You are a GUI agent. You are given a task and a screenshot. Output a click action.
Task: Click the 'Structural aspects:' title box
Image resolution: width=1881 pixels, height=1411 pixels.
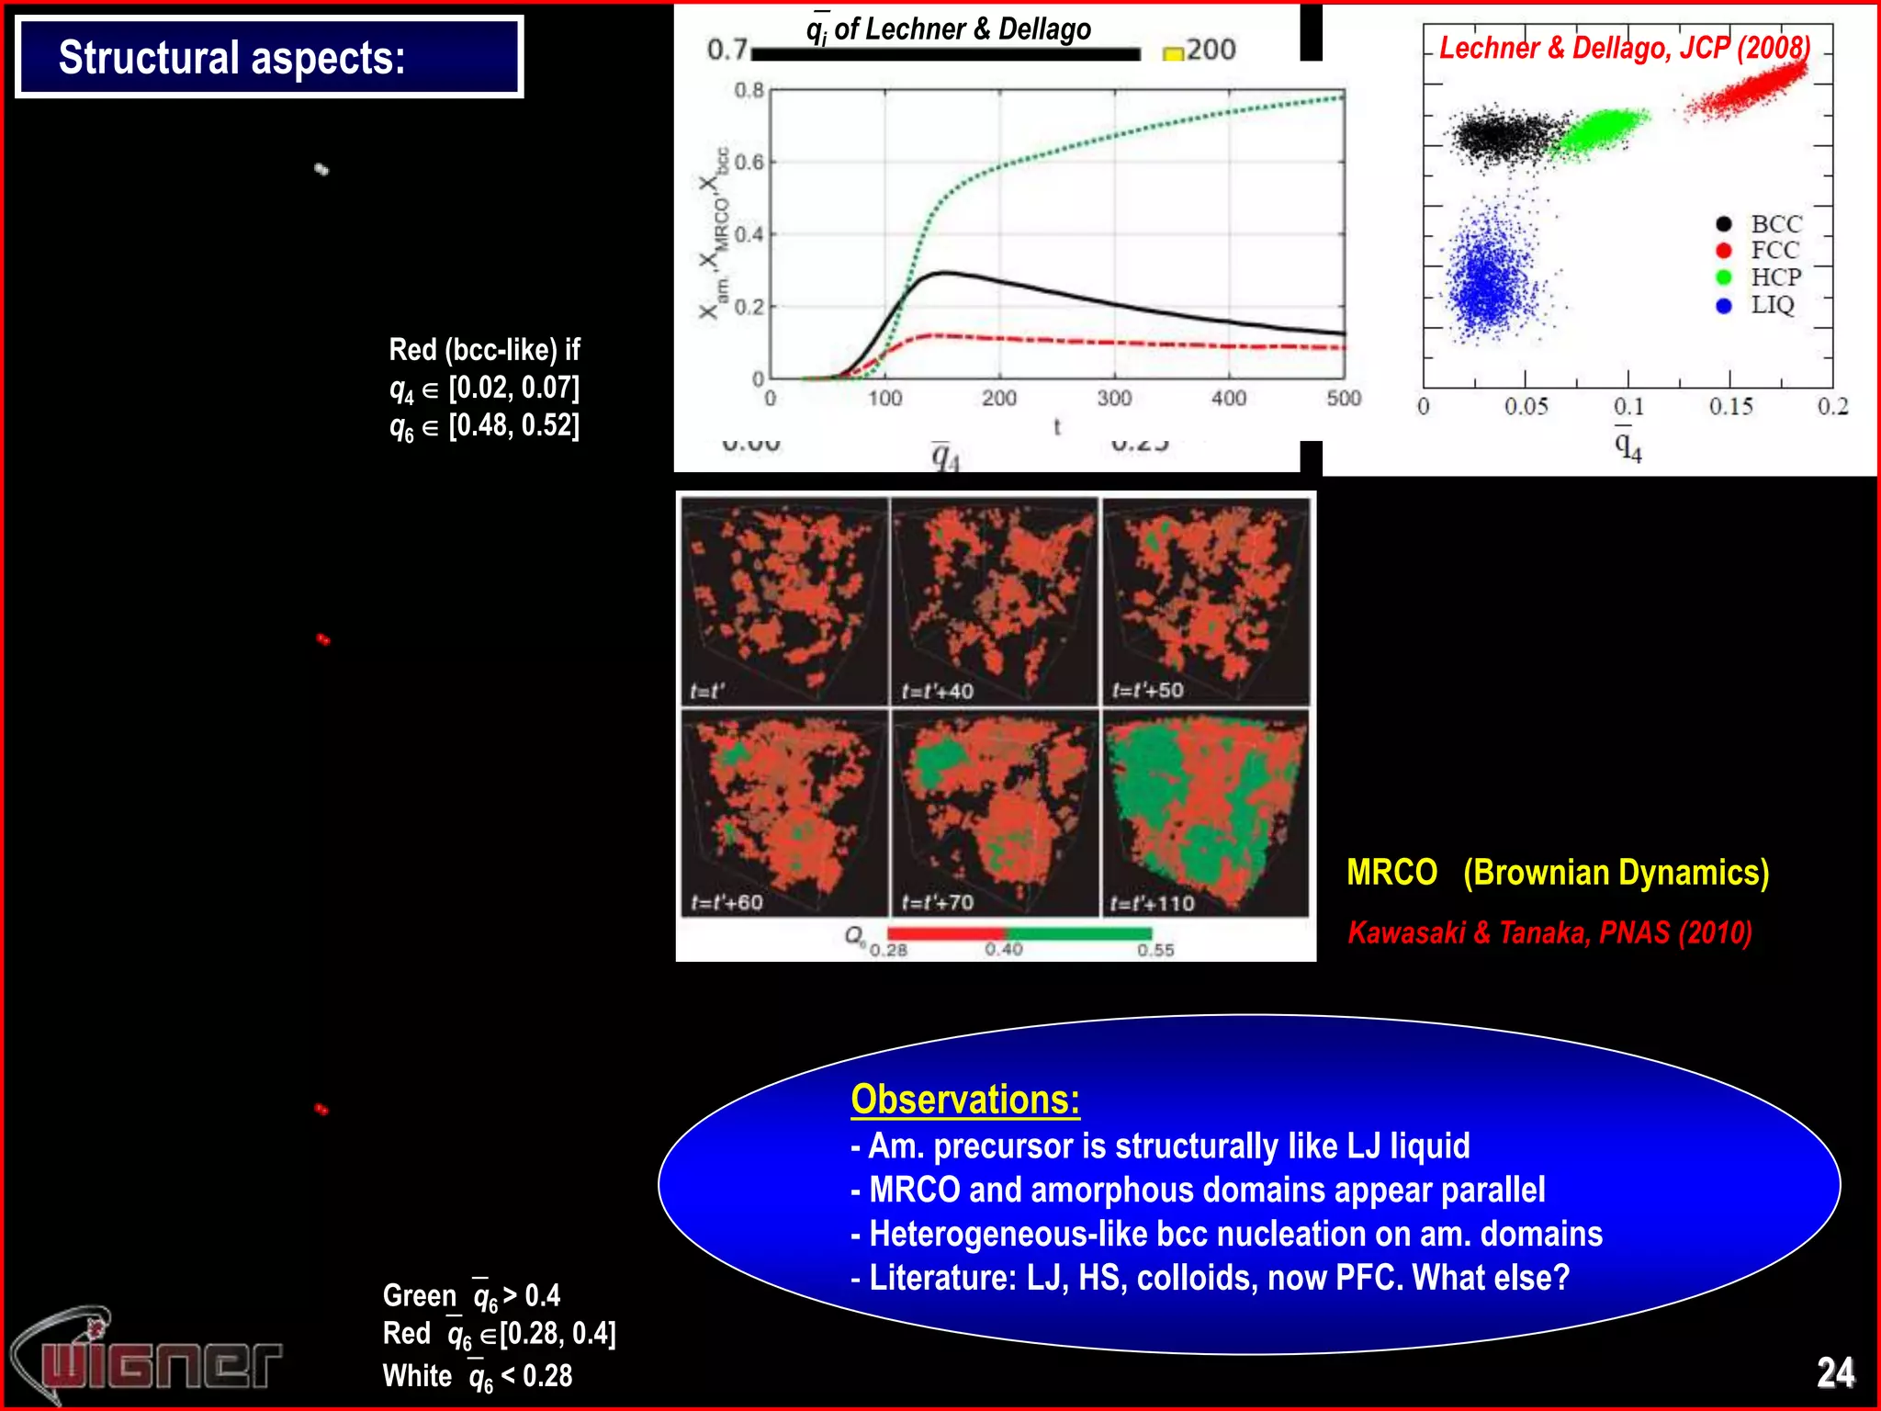click(x=269, y=57)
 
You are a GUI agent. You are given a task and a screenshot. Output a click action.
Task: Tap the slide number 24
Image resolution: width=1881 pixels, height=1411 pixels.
click(x=1835, y=1372)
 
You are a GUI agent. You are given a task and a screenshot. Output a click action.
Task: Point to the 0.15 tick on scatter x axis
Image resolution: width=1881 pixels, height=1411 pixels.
click(x=1730, y=406)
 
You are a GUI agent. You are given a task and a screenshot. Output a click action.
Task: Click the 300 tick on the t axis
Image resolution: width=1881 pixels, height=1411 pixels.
click(x=1114, y=399)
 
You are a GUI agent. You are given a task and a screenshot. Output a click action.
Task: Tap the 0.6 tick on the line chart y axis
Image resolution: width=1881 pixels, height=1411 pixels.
click(x=749, y=163)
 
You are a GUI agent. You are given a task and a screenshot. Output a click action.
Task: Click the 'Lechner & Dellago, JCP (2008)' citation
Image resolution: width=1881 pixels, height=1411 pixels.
click(x=1624, y=48)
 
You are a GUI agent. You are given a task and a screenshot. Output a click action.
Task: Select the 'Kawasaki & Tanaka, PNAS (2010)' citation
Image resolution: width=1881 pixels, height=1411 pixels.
click(x=1549, y=932)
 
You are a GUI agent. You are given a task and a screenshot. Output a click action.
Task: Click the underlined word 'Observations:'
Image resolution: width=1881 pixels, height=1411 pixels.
click(x=964, y=1100)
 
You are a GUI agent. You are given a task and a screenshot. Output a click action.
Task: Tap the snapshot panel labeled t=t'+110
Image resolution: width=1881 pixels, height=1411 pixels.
click(x=1205, y=813)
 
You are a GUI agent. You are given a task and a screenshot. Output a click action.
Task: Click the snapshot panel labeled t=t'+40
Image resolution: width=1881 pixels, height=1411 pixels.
click(x=995, y=602)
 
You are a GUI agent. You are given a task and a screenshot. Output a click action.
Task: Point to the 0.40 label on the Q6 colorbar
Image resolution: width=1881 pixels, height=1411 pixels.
click(x=1004, y=950)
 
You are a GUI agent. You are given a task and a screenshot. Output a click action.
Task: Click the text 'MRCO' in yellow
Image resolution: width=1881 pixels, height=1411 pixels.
click(x=1391, y=872)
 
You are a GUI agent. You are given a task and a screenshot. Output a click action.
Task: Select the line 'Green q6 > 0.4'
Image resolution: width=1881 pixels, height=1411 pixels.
click(x=471, y=1295)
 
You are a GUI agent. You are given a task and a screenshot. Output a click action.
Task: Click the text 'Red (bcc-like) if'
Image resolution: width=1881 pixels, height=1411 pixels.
click(x=484, y=350)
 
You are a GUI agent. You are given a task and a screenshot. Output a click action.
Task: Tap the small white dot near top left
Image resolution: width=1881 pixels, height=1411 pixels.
click(x=321, y=169)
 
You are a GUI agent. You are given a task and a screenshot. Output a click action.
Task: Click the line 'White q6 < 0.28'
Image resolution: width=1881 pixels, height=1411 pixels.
click(x=477, y=1375)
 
